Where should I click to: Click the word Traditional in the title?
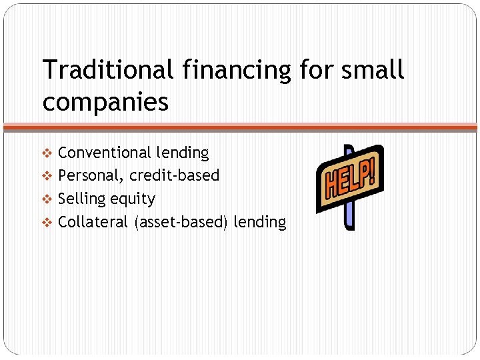pyautogui.click(x=99, y=70)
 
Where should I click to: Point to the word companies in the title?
pyautogui.click(x=105, y=102)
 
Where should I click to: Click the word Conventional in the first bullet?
pyautogui.click(x=105, y=153)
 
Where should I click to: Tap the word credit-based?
pyautogui.click(x=174, y=175)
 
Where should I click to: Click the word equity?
pyautogui.click(x=133, y=199)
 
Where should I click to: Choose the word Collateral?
pyautogui.click(x=94, y=222)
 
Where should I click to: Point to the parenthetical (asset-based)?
pyautogui.click(x=181, y=222)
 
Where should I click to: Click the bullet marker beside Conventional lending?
pyautogui.click(x=47, y=153)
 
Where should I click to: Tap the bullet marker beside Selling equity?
pyautogui.click(x=47, y=199)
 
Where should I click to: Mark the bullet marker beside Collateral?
pyautogui.click(x=47, y=223)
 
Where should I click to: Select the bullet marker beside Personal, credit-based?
pyautogui.click(x=47, y=176)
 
